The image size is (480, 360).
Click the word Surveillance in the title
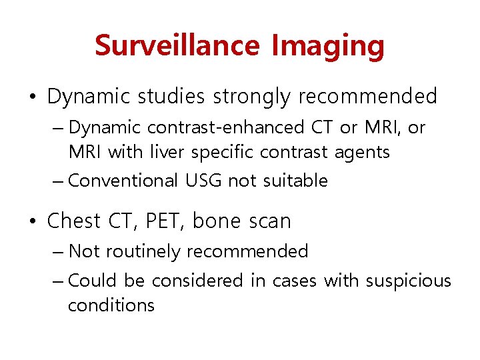(x=177, y=46)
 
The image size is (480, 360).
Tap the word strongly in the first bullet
(x=252, y=97)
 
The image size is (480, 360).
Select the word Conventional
(x=123, y=181)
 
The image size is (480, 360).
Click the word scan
(x=269, y=221)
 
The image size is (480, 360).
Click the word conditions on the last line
(x=111, y=305)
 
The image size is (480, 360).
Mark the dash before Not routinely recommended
(x=59, y=251)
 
